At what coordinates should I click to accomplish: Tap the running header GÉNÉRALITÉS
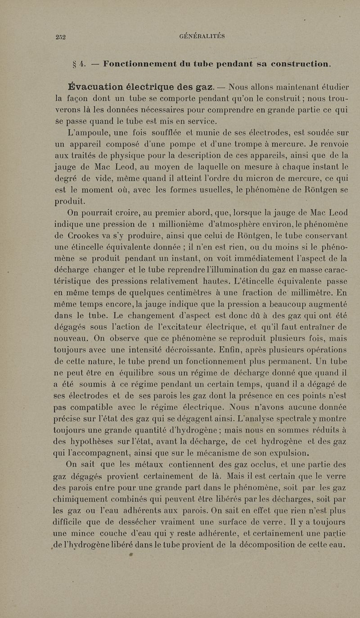tap(202, 36)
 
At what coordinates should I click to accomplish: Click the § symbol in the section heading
tap(69, 64)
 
